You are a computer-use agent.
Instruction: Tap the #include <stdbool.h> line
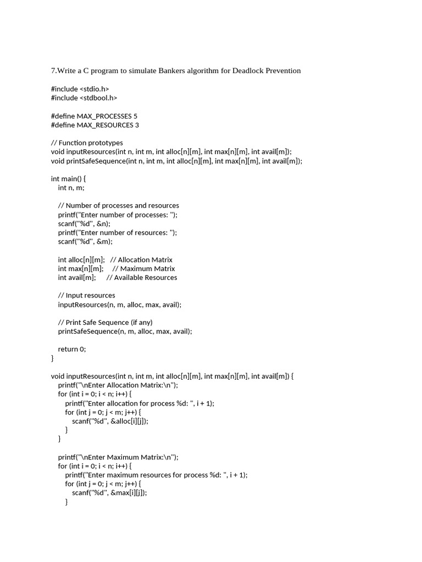click(x=84, y=98)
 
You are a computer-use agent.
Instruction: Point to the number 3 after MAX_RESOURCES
click(x=137, y=125)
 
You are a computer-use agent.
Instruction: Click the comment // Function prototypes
click(x=87, y=143)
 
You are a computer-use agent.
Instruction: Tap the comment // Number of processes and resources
click(x=118, y=205)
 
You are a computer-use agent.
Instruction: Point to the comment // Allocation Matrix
click(x=141, y=260)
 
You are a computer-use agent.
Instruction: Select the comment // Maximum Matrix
click(x=143, y=268)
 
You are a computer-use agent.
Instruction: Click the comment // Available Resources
click(x=142, y=277)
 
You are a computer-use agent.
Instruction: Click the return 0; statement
click(x=72, y=349)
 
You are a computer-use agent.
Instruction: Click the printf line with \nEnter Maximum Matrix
click(x=118, y=457)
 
